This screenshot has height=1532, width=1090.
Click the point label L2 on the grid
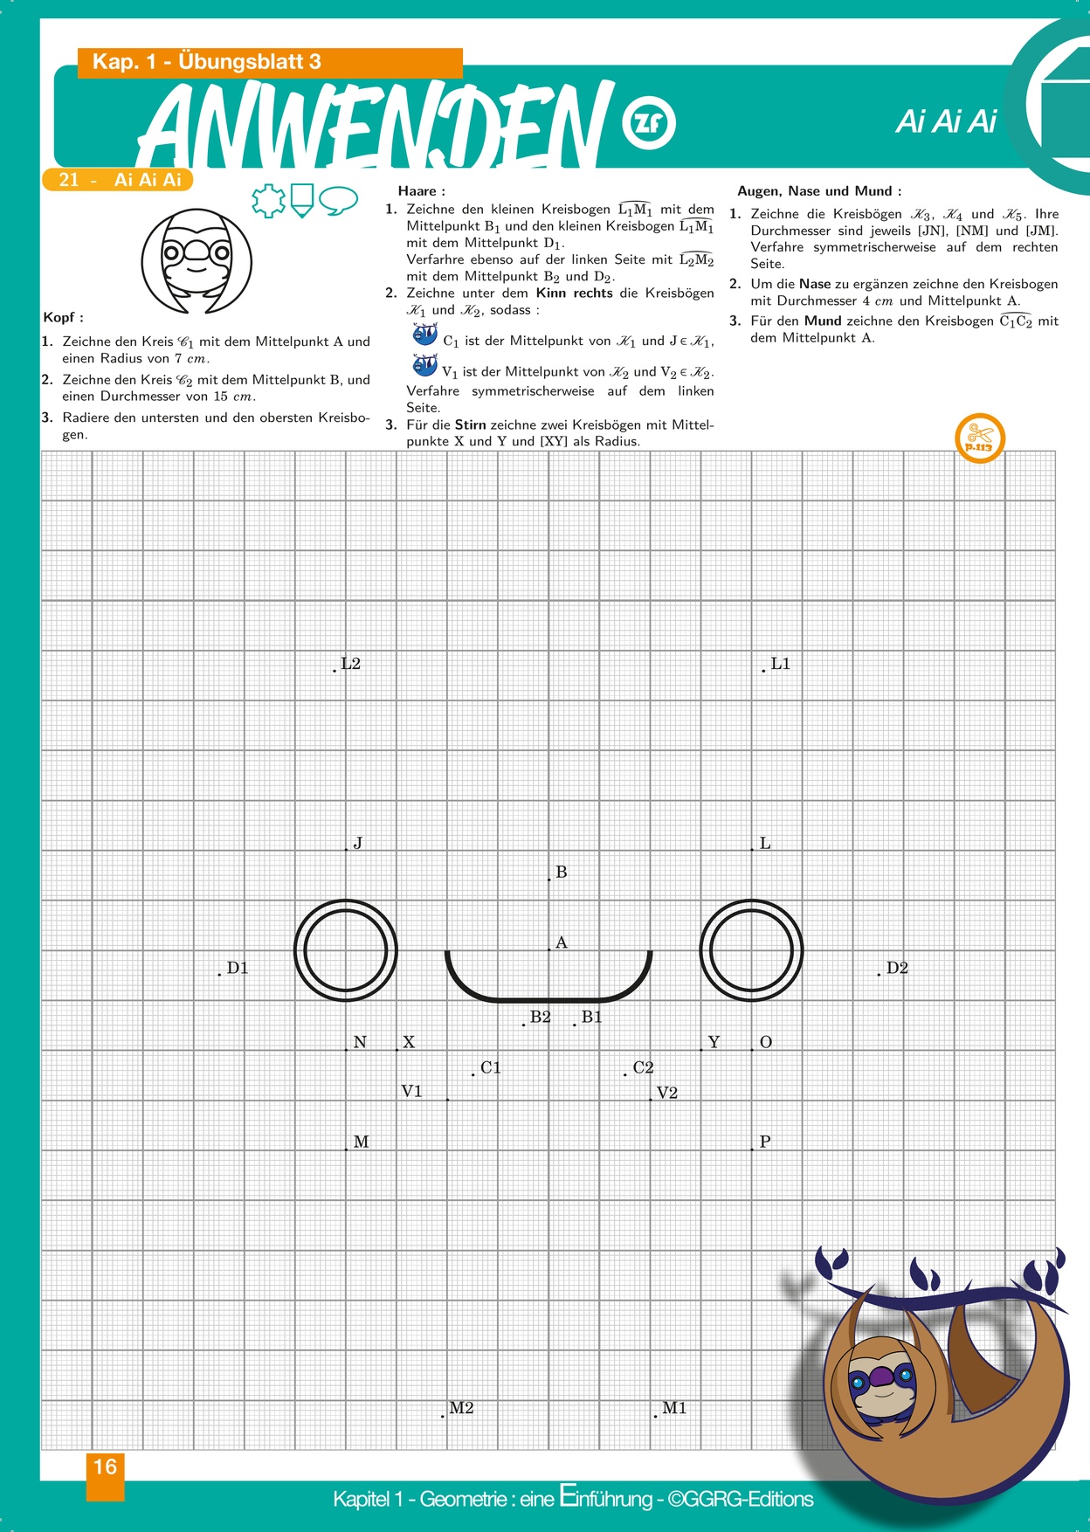[x=350, y=664]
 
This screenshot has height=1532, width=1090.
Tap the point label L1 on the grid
[x=780, y=664]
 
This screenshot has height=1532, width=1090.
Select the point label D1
[x=238, y=968]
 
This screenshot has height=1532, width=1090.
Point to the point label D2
[x=897, y=968]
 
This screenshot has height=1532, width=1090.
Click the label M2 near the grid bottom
[x=461, y=1408]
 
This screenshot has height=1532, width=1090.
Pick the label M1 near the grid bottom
[x=674, y=1408]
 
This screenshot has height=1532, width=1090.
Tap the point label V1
[x=411, y=1092]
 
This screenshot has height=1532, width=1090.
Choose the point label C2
[x=643, y=1067]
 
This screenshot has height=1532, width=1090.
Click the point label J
[x=357, y=844]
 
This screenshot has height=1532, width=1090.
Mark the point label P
[x=765, y=1142]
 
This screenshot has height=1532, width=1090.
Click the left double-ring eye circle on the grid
[x=346, y=951]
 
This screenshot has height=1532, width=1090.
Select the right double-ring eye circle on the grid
[x=752, y=951]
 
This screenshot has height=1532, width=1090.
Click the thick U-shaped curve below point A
[x=549, y=997]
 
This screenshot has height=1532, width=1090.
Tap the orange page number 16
[x=105, y=1467]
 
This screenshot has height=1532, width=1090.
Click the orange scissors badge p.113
[x=980, y=438]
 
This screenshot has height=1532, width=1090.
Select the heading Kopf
[x=63, y=318]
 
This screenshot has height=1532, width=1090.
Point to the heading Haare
[x=421, y=191]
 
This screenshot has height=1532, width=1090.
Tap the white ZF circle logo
[x=648, y=121]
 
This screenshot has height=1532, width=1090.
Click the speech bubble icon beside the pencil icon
[x=338, y=200]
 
